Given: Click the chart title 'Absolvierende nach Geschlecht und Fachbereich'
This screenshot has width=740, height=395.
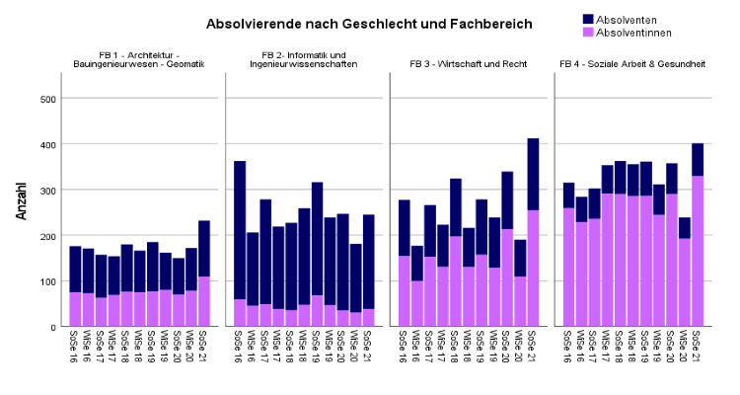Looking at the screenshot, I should pos(369,24).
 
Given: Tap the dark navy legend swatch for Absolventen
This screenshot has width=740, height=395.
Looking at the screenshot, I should pos(589,19).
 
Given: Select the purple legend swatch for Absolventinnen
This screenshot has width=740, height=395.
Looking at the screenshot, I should pos(589,33).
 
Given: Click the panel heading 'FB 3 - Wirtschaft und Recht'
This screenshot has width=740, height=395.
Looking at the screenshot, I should pos(468,64).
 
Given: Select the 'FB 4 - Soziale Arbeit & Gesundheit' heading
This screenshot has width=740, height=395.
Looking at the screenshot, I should pos(632,64).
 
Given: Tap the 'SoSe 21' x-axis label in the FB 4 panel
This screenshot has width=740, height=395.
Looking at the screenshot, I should pos(698,348).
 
